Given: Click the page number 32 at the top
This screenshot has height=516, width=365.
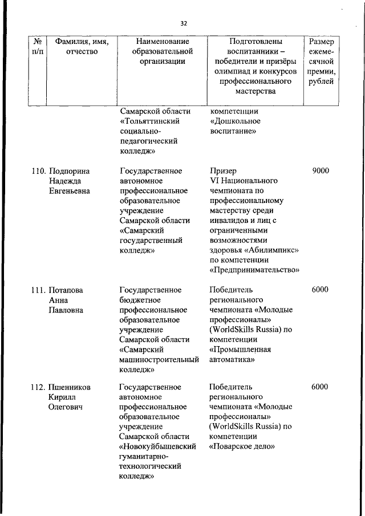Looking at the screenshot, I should coord(184,23).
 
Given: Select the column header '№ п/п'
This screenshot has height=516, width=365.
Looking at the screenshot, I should coord(38,47).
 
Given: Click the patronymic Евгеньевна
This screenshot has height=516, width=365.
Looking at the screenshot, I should coord(70,191).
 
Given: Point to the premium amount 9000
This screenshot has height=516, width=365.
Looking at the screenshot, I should coord(320,170).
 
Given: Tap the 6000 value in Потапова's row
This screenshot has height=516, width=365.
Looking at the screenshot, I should coord(320,290).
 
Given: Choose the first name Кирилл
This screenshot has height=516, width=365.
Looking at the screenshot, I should coord(63,397).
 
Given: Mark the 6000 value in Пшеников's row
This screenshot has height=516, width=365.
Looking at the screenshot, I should coord(320,387).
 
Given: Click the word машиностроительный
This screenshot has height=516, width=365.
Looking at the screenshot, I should coord(159,360).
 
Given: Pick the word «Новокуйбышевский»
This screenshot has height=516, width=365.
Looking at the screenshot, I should coord(158,446).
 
